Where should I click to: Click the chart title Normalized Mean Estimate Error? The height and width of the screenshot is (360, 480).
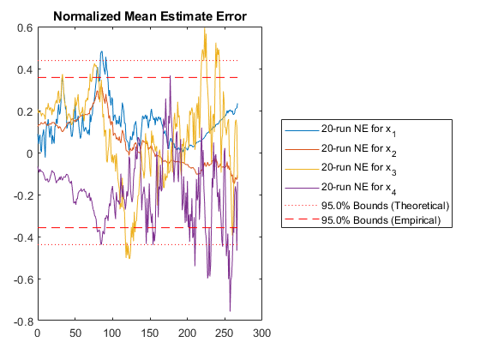pyautogui.click(x=150, y=16)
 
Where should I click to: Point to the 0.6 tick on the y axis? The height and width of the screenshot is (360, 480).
pyautogui.click(x=25, y=27)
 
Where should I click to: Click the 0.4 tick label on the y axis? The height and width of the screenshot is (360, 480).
pyautogui.click(x=25, y=69)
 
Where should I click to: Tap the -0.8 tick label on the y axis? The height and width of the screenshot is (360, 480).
pyautogui.click(x=23, y=321)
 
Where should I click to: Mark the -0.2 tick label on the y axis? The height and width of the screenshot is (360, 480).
pyautogui.click(x=23, y=195)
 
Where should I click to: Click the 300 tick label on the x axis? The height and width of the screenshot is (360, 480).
pyautogui.click(x=262, y=333)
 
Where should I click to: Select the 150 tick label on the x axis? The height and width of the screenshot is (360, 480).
pyautogui.click(x=150, y=333)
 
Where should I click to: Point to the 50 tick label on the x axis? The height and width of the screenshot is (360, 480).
pyautogui.click(x=75, y=333)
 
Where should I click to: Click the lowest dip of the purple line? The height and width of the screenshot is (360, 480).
pyautogui.click(x=230, y=311)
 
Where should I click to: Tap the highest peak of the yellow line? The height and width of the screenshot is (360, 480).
pyautogui.click(x=205, y=28)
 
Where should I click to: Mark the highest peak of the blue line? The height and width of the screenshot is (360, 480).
pyautogui.click(x=102, y=51)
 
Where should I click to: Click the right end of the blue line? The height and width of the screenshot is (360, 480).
pyautogui.click(x=237, y=104)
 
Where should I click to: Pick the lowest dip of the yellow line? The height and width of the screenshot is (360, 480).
pyautogui.click(x=129, y=259)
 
